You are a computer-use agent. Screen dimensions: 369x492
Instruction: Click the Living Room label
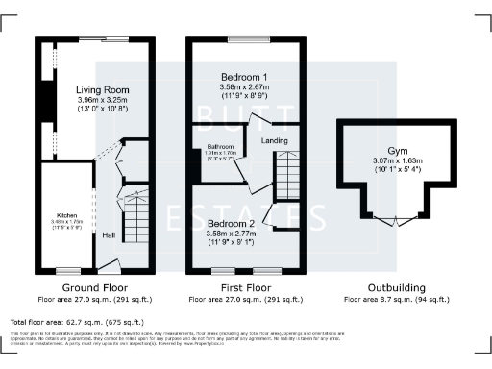[102, 89]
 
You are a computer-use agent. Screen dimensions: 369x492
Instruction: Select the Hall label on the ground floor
[109, 234]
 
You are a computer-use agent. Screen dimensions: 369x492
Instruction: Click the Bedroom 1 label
[243, 76]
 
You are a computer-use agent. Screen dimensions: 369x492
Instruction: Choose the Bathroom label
[218, 148]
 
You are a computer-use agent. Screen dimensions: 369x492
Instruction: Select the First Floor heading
[243, 287]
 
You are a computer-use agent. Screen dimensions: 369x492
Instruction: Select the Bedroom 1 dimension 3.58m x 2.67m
[243, 86]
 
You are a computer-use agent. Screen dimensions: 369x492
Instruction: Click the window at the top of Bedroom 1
[243, 40]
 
